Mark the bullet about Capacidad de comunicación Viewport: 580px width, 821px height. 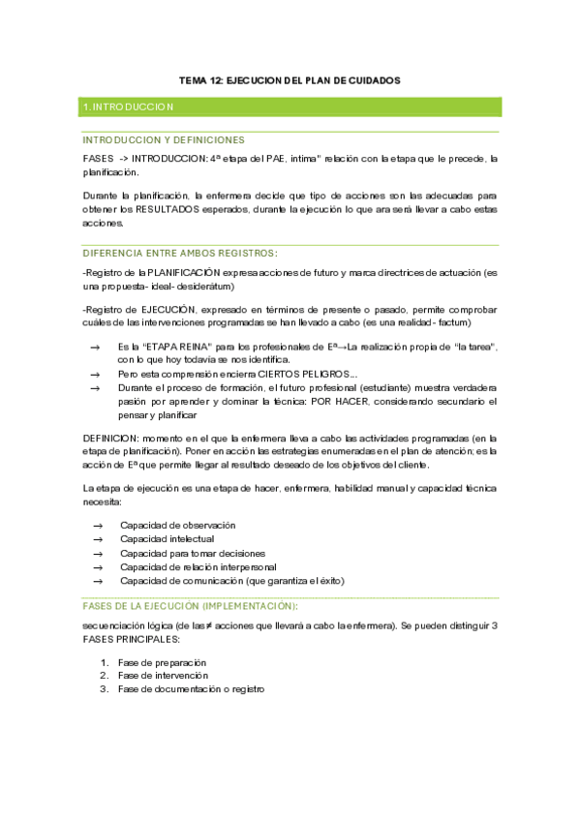pos(231,581)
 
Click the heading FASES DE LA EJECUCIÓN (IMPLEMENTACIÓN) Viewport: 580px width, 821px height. pos(190,605)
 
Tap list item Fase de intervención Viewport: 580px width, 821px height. pos(163,675)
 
